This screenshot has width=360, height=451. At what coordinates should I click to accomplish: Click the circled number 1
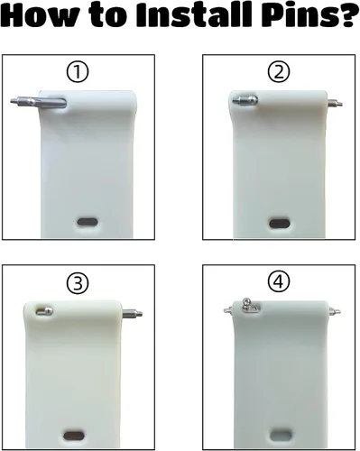coord(78,72)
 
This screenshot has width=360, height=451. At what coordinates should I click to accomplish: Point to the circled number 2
coord(279,72)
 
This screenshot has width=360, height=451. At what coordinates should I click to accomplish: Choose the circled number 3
coord(78,283)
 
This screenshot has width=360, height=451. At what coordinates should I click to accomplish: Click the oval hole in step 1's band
coord(88,222)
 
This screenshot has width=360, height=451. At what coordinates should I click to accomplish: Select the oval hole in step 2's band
coord(280,224)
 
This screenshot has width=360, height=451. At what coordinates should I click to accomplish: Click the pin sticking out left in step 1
coord(38,102)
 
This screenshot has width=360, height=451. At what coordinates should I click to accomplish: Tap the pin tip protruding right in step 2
coord(335,104)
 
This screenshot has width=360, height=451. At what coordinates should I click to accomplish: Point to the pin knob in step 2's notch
coord(245,100)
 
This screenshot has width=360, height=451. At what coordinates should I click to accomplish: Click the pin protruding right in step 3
coord(132,314)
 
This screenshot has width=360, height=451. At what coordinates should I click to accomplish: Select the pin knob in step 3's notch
coord(44,311)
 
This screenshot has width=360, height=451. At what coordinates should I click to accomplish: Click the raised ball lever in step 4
coord(247,304)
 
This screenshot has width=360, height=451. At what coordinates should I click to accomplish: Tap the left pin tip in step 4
coord(227,308)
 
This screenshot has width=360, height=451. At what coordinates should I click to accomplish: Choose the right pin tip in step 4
coord(335,311)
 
